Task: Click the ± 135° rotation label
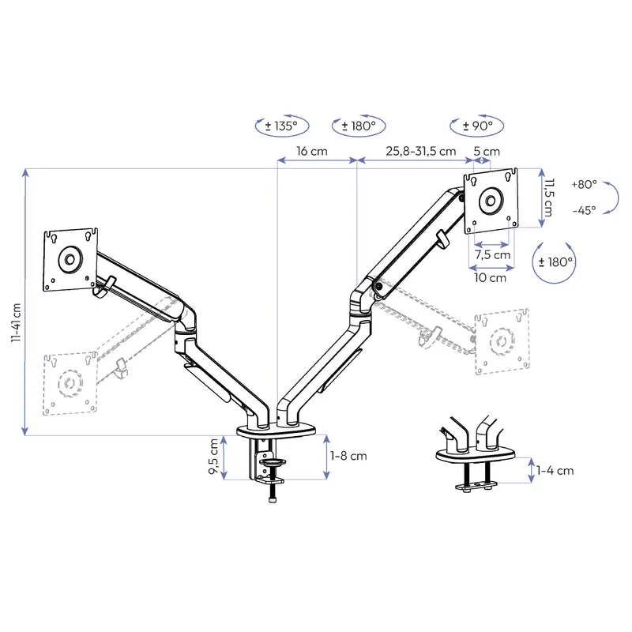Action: click(282, 126)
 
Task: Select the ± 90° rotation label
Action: click(477, 126)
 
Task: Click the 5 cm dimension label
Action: click(487, 151)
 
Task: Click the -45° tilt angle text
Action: click(584, 210)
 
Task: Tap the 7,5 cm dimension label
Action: click(491, 255)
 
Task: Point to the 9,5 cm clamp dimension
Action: click(213, 458)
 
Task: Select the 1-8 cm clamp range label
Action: click(349, 456)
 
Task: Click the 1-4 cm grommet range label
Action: click(555, 471)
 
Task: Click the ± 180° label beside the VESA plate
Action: click(556, 261)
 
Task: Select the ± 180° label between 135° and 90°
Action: click(359, 126)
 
